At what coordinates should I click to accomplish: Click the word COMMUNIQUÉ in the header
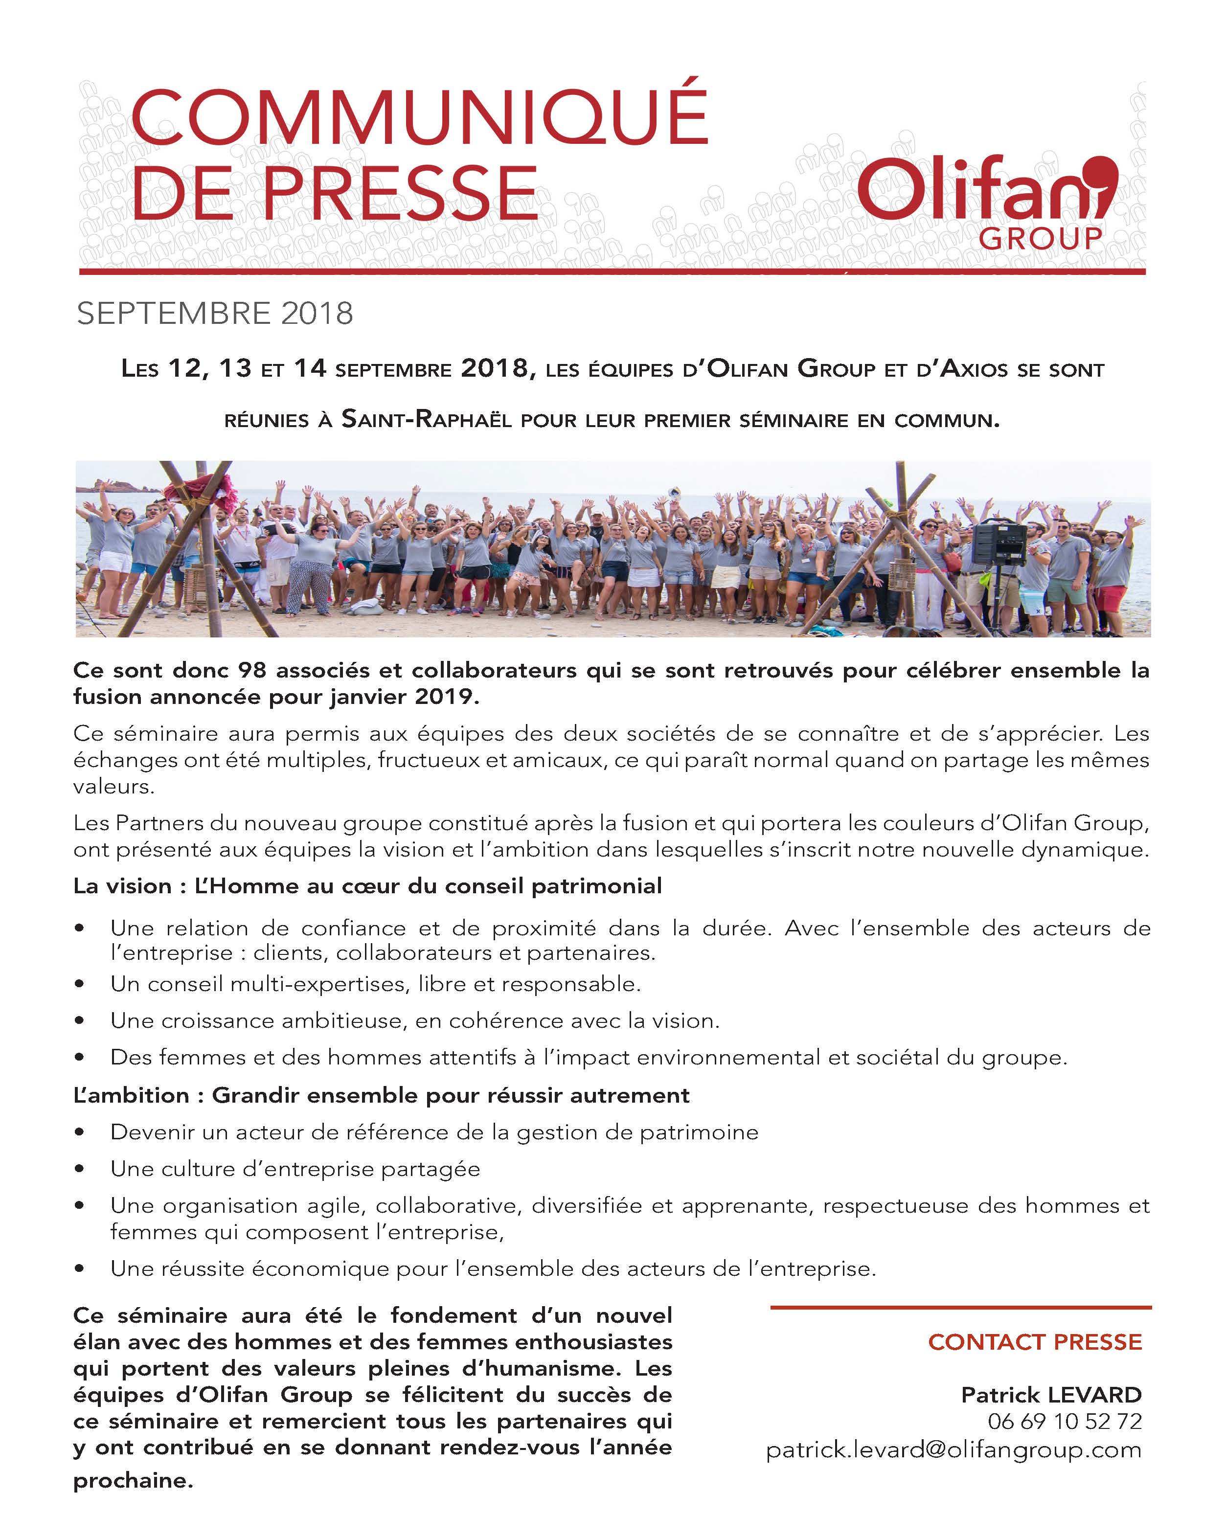point(420,118)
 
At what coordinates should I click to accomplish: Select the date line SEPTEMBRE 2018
point(215,314)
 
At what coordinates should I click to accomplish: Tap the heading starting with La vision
point(368,886)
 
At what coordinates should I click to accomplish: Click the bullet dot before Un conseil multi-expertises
point(79,984)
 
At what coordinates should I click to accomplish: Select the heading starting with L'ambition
point(381,1095)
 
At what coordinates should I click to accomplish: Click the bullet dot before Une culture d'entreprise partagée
point(79,1169)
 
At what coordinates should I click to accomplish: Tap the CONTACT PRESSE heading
point(1035,1342)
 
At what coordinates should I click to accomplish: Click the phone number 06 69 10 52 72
point(1065,1421)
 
